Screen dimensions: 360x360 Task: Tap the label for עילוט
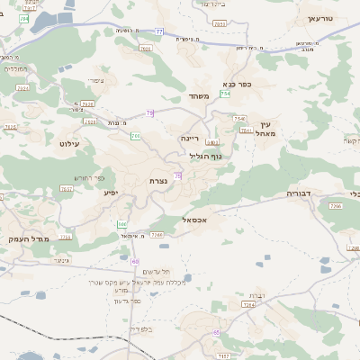(x=69, y=143)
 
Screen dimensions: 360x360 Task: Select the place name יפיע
(x=111, y=192)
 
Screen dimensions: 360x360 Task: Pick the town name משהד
(x=201, y=96)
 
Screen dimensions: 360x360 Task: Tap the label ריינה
(x=189, y=139)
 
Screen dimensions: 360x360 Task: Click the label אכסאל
(x=193, y=219)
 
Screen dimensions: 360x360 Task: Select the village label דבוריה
(x=299, y=193)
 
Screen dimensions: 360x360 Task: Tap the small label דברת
(x=256, y=295)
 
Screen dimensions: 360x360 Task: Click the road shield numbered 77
(x=159, y=31)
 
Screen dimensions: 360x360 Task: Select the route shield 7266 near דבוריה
(x=335, y=207)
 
